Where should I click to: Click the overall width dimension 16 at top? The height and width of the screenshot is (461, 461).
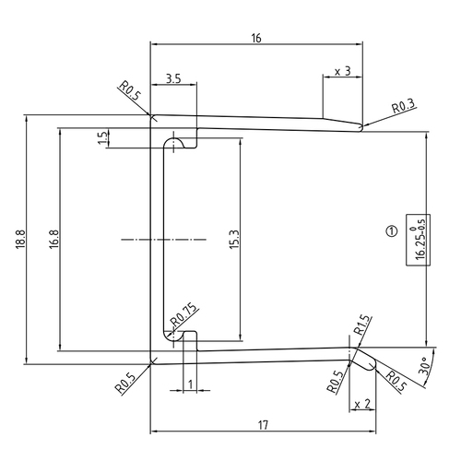(x=255, y=38)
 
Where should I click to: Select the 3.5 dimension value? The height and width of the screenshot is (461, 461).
(x=173, y=79)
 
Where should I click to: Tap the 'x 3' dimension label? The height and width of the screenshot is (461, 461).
(x=342, y=71)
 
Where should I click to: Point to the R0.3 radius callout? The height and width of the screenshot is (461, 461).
(x=403, y=108)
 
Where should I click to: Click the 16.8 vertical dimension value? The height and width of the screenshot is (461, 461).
(x=54, y=240)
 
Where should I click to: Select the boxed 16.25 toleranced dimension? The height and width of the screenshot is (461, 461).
(x=420, y=239)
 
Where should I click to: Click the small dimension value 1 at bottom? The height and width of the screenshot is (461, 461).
(x=189, y=384)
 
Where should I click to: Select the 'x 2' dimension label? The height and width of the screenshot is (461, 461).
(x=361, y=403)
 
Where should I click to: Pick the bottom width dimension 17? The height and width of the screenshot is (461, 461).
(x=263, y=425)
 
